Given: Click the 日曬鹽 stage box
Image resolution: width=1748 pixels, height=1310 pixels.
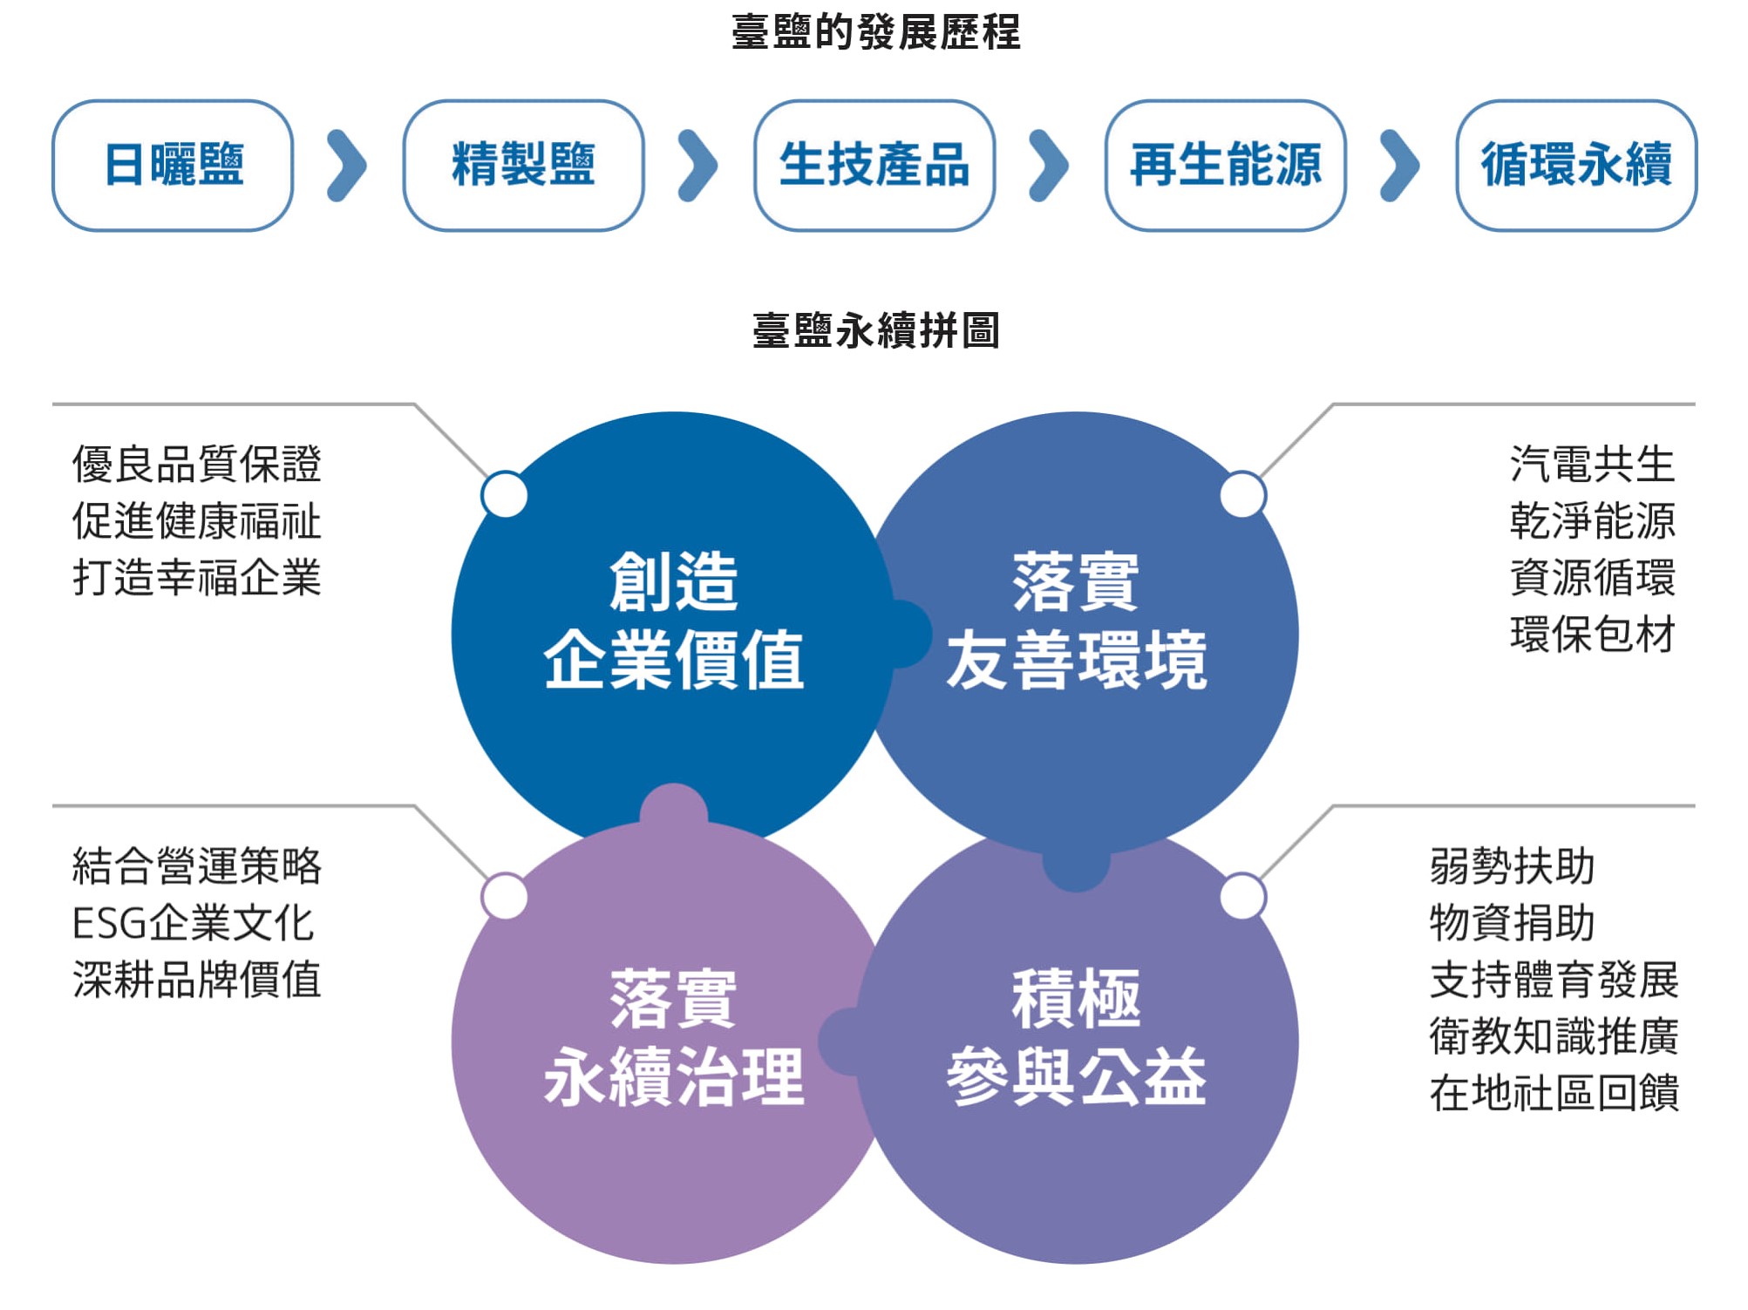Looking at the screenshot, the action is pyautogui.click(x=173, y=166).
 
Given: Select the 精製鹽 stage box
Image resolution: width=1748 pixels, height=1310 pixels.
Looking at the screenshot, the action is pyautogui.click(x=524, y=166).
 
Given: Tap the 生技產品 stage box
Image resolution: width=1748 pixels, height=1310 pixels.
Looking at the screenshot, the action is pyautogui.click(x=874, y=166).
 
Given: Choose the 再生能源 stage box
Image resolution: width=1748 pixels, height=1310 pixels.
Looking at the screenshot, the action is pyautogui.click(x=1226, y=166).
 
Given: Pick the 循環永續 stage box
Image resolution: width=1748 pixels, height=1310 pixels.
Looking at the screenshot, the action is pyautogui.click(x=1577, y=166).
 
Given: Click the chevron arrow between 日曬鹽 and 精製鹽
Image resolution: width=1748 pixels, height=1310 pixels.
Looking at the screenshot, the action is pyautogui.click(x=348, y=166).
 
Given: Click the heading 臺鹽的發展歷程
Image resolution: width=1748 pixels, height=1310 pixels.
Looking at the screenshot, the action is pyautogui.click(x=876, y=32).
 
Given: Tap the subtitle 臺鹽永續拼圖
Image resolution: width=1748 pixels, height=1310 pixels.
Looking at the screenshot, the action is pyautogui.click(x=876, y=331).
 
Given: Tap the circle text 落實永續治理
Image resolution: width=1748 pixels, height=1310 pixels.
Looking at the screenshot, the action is pyautogui.click(x=673, y=1037).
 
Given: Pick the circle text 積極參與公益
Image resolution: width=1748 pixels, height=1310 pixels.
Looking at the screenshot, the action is pyautogui.click(x=1077, y=1037).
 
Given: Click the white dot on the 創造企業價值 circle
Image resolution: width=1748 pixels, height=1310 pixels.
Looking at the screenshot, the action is pyautogui.click(x=505, y=494).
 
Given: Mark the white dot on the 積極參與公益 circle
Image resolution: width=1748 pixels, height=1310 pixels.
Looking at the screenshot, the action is pyautogui.click(x=1243, y=896).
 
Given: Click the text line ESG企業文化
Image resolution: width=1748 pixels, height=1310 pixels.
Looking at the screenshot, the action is pyautogui.click(x=194, y=924).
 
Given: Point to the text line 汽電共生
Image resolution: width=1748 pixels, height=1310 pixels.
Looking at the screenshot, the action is pyautogui.click(x=1592, y=464).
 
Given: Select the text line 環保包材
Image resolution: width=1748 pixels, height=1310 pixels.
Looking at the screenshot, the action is pyautogui.click(x=1592, y=634).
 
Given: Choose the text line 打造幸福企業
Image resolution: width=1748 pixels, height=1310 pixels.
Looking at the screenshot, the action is pyautogui.click(x=197, y=577).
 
